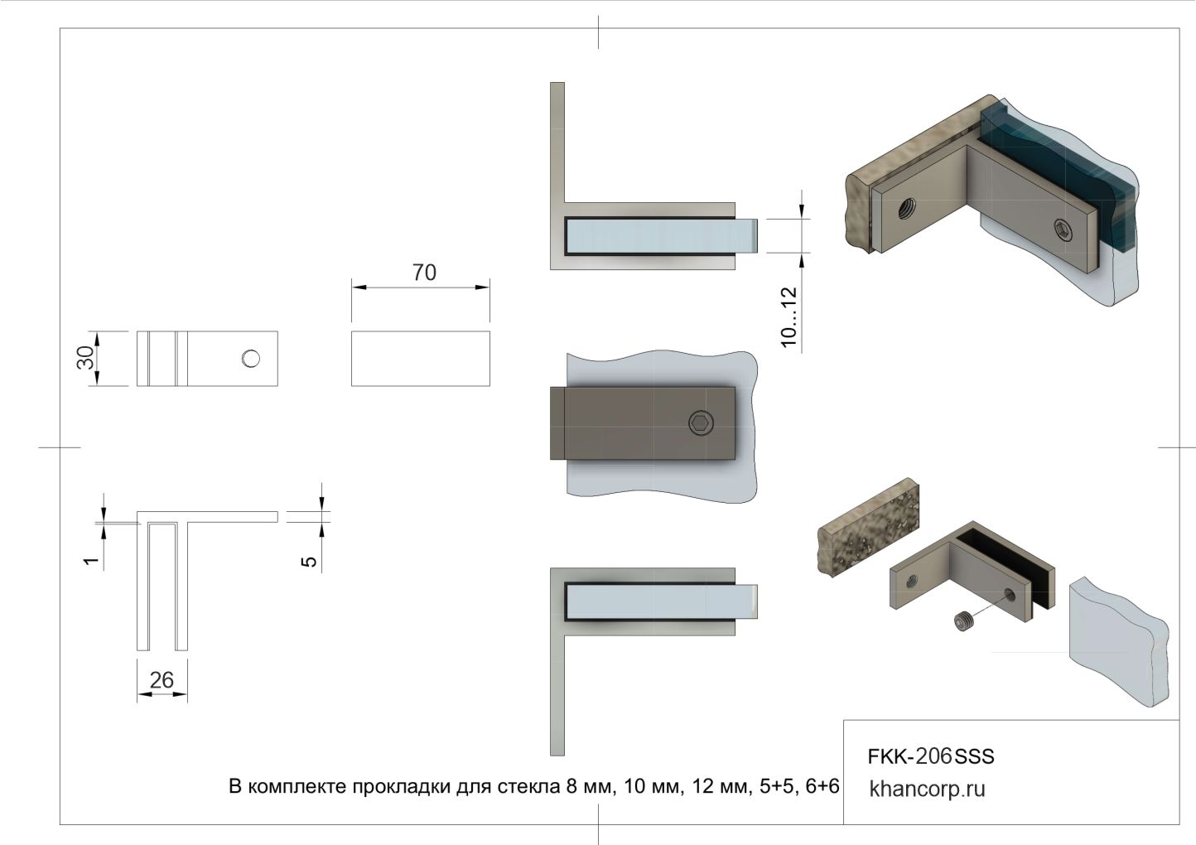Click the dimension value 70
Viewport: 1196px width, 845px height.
424,273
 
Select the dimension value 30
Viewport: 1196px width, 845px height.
85,357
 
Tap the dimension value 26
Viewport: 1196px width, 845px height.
162,680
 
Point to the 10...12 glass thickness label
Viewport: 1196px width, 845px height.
788,317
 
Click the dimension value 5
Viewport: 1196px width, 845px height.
309,562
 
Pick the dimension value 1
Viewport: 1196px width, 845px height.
91,561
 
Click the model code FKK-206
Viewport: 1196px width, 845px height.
909,756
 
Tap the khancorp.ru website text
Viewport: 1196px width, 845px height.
927,789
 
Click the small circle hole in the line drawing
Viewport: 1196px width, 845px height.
251,359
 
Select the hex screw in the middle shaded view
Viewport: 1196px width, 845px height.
701,423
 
